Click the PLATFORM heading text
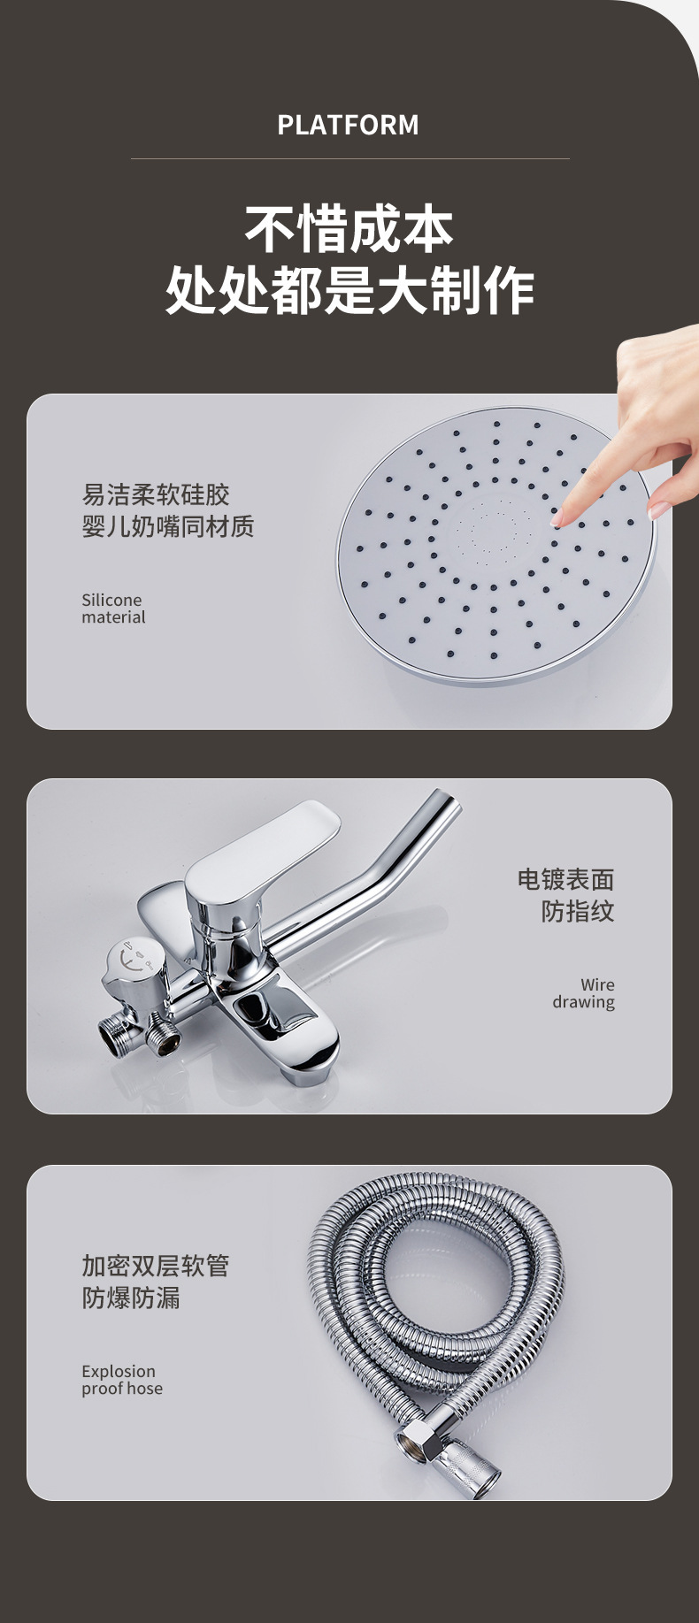click(349, 125)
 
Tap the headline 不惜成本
click(349, 230)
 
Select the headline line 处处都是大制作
click(349, 290)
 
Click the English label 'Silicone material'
click(113, 609)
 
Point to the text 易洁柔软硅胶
click(156, 494)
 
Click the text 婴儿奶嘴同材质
click(168, 526)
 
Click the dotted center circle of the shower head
click(488, 529)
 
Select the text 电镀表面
click(566, 879)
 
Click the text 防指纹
click(578, 911)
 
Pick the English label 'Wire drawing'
click(584, 993)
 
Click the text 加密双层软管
click(156, 1266)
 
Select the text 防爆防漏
click(131, 1298)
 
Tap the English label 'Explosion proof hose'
click(122, 1380)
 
